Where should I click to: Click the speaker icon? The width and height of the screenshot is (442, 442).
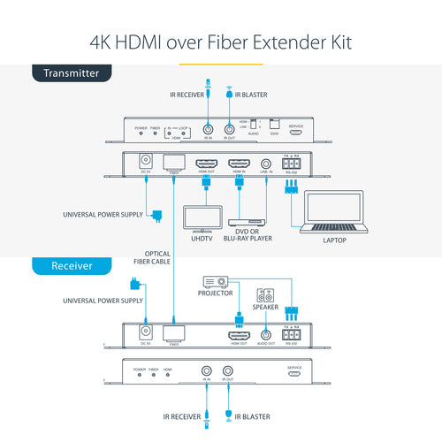(x=265, y=296)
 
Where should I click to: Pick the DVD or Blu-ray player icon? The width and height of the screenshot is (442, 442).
(x=248, y=222)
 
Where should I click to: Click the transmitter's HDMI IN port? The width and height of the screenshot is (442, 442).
(x=240, y=164)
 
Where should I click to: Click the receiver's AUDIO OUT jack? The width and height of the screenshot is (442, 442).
(x=266, y=336)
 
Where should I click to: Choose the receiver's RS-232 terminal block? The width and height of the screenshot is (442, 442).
(x=291, y=334)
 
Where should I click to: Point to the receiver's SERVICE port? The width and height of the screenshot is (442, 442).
(x=296, y=375)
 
